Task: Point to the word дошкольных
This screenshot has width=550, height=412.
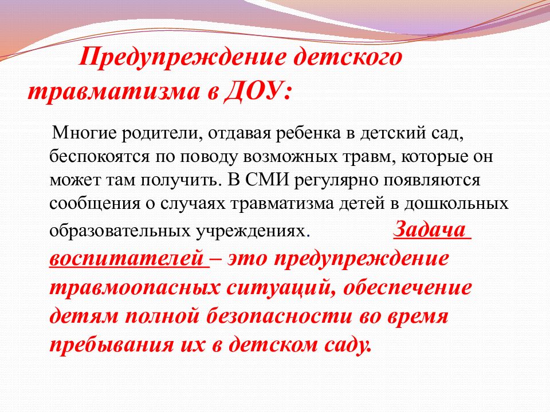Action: [x=456, y=204]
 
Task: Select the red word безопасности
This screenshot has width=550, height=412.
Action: [x=279, y=316]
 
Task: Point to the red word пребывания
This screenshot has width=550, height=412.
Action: [x=112, y=344]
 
